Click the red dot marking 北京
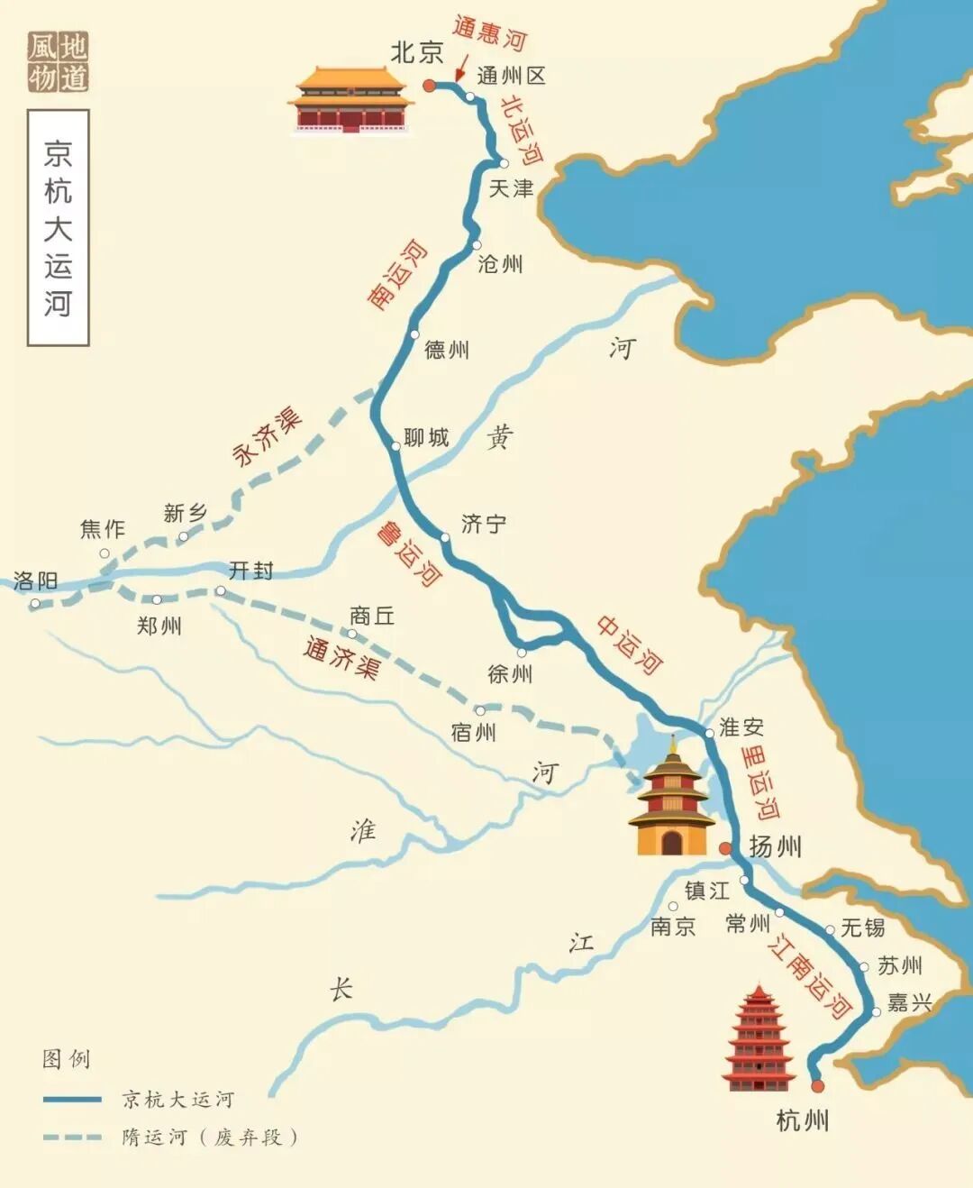tap(429, 86)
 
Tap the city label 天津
tap(511, 188)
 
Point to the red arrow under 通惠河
tap(460, 70)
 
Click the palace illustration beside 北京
tap(350, 99)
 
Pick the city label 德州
tap(447, 350)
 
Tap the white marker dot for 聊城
tap(395, 446)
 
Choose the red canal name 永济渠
tap(267, 436)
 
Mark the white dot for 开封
tap(221, 591)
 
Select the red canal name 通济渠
tap(341, 657)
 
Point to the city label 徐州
tap(510, 673)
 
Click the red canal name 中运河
tap(630, 644)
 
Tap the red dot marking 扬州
tap(725, 848)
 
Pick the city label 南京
tap(673, 926)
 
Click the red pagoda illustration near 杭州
tap(758, 1038)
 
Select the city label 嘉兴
tap(909, 1002)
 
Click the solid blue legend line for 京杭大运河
tap(72, 1100)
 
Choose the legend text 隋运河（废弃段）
tap(210, 1138)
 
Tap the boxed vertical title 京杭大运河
tap(58, 227)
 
